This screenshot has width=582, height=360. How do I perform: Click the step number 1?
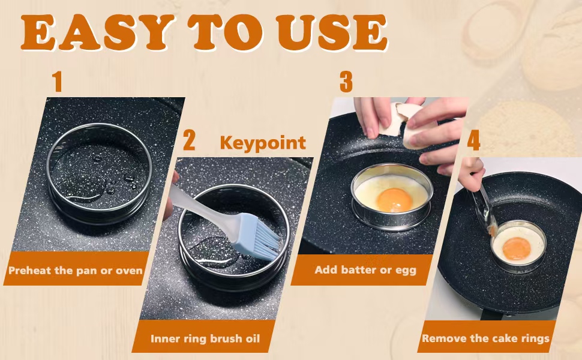(57, 82)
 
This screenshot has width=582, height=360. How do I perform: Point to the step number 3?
(346, 82)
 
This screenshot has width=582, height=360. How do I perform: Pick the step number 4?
(473, 140)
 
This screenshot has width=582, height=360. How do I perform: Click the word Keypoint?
(263, 143)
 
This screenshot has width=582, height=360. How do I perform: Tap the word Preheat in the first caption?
(30, 270)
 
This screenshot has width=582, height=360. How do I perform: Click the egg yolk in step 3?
(394, 200)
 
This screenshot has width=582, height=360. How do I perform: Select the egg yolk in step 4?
(517, 248)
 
